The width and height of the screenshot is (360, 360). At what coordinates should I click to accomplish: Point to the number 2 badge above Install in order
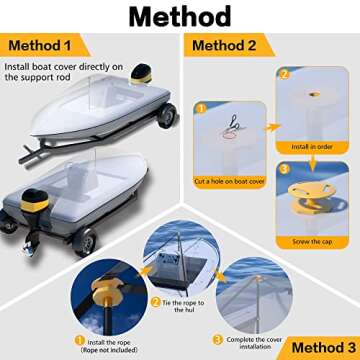[x=283, y=74]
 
